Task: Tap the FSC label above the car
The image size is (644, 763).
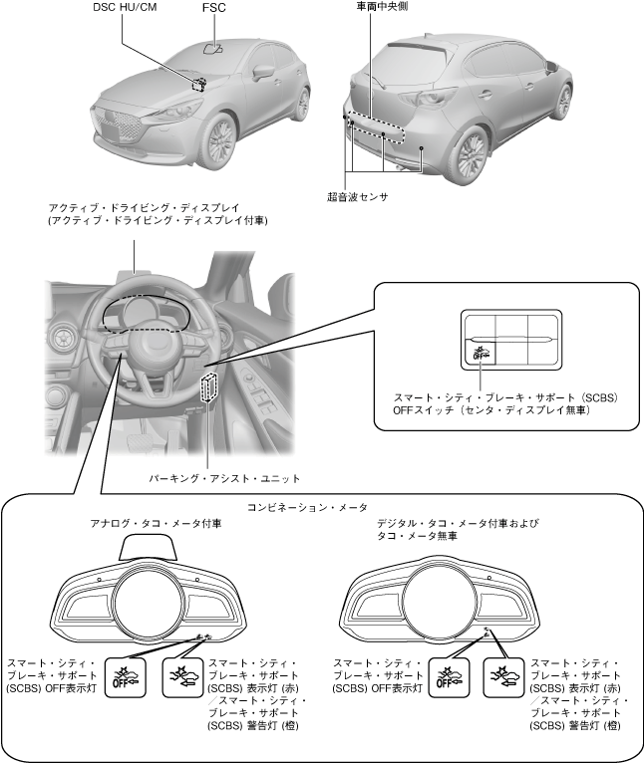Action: point(213,10)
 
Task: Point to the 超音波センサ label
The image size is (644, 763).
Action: point(358,197)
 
